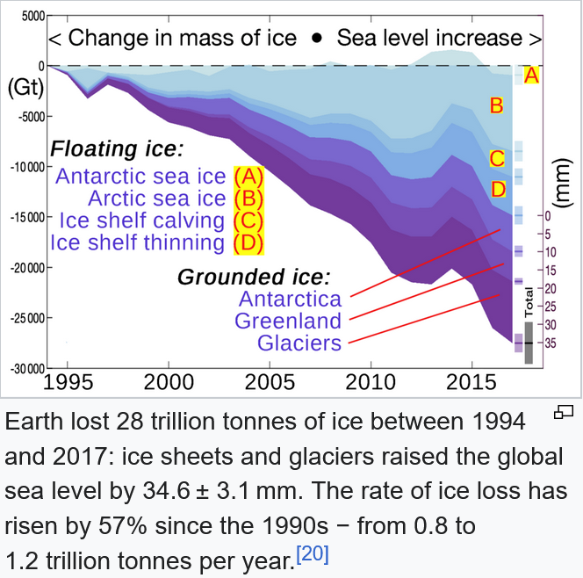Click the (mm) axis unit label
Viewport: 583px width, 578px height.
564,184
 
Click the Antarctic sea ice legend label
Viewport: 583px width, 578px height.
141,176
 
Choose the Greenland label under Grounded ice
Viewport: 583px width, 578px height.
287,321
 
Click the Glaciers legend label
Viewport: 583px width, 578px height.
299,343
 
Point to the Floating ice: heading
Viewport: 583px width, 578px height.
116,148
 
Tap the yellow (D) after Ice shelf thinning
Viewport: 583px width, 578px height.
248,242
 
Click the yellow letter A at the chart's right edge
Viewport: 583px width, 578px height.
529,76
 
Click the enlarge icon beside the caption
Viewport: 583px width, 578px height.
565,410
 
